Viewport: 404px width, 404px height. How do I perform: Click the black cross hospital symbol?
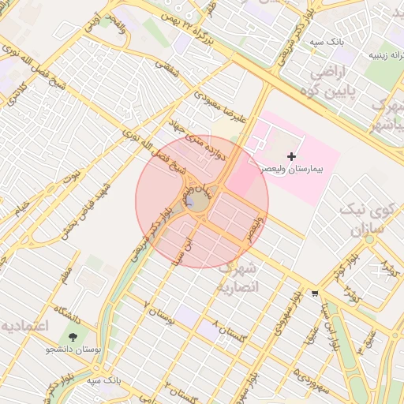(292, 157)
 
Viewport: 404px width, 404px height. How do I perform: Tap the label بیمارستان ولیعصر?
(300, 170)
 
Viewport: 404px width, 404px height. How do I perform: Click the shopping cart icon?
(315, 293)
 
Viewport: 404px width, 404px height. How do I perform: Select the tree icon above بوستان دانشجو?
(73, 338)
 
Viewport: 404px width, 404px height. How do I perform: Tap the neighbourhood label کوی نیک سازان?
(367, 219)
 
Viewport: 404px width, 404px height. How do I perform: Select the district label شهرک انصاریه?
(239, 276)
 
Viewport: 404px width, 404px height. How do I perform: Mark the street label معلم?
(65, 275)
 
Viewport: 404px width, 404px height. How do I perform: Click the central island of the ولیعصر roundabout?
(197, 202)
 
